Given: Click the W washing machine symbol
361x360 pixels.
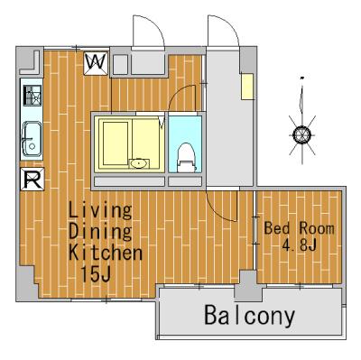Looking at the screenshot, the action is (96, 63).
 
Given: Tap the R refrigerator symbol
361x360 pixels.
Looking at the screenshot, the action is (32, 179).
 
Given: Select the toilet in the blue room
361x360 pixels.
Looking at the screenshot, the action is (186, 157).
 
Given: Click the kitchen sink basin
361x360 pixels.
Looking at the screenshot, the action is (31, 139).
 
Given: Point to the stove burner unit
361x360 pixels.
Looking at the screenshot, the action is (32, 96).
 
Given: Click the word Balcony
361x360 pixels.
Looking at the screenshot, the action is (249, 316).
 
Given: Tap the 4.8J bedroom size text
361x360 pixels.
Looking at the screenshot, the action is (299, 245).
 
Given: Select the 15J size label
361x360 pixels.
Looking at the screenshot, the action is (96, 273).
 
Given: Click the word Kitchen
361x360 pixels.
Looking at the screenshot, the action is (106, 253).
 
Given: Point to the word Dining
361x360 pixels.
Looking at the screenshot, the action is (100, 232).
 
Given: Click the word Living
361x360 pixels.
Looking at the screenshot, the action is (100, 210).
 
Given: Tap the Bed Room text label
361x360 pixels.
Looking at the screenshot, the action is (299, 228).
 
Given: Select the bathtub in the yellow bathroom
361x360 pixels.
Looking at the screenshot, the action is (116, 143).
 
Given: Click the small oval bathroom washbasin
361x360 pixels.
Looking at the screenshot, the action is (139, 163).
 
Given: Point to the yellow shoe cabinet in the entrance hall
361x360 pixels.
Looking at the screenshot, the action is (247, 86).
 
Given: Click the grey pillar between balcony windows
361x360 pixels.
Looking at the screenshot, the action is (247, 286).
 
